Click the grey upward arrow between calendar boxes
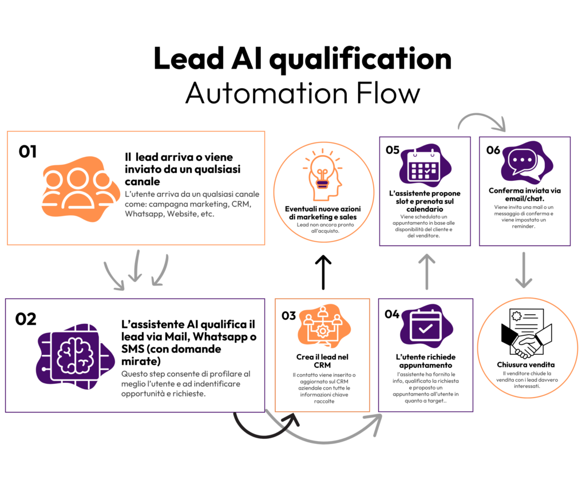[426, 271]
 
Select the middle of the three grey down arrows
[135, 266]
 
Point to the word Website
[180, 215]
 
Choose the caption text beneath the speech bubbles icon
[524, 217]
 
